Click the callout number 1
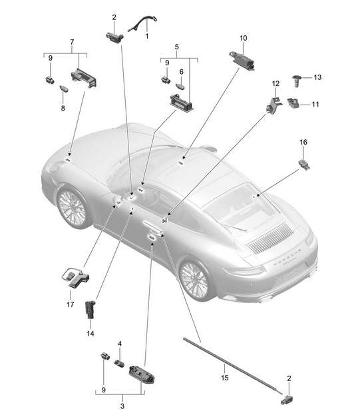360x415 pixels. coord(147,36)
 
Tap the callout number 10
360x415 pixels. coord(243,38)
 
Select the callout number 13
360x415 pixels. coord(317,77)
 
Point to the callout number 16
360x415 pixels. coord(303,142)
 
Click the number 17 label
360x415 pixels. coord(71,304)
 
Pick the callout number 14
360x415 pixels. coord(90,334)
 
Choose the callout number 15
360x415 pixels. coord(225,378)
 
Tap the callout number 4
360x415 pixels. coord(120,344)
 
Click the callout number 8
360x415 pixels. coord(63,108)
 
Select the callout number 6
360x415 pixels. coord(181,72)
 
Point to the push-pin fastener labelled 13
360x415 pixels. coord(296,81)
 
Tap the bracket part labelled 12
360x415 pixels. coord(273,104)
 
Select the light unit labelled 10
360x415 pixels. coord(242,61)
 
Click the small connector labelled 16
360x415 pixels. coord(304,165)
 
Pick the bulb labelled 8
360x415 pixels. coord(64,89)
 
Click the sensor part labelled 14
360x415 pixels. coord(90,308)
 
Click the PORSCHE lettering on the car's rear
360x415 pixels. coord(287,256)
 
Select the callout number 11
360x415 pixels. coord(315,105)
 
